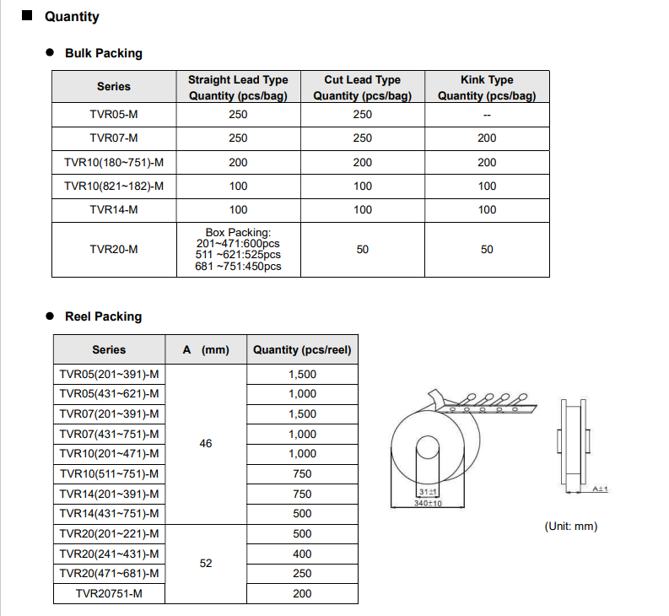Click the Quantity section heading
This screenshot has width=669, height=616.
coord(72,17)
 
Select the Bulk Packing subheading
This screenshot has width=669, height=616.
coord(104,53)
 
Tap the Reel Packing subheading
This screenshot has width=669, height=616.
coord(103,316)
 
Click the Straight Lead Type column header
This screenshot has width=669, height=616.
coord(238,87)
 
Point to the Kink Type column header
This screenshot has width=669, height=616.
coord(487,87)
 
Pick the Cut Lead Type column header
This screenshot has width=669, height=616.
coord(362,87)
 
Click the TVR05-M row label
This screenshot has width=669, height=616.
coord(114,115)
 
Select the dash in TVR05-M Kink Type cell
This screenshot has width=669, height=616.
coord(487,115)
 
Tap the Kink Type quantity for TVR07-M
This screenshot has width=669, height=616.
coord(487,138)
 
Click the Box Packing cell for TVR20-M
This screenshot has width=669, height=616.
coord(238,249)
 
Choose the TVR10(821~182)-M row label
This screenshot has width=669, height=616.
coord(114,186)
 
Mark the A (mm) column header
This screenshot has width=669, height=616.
coord(206,349)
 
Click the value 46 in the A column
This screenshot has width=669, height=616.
coord(206,443)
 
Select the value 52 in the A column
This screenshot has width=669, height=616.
coord(206,563)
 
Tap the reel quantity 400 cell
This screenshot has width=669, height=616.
coord(302,554)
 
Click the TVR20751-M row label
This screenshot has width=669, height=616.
coord(109,594)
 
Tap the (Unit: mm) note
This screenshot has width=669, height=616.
coord(571,526)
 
